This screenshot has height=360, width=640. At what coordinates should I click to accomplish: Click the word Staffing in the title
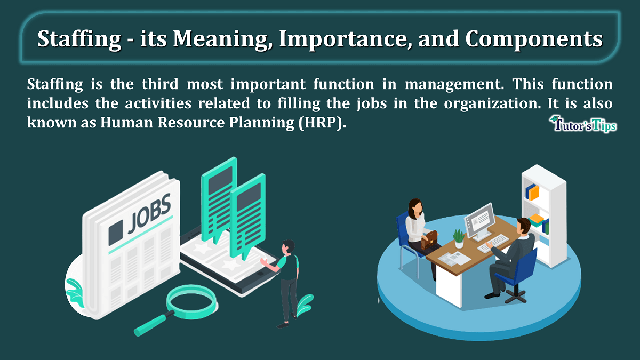(x=79, y=39)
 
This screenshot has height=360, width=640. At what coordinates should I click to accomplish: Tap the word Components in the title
(x=534, y=39)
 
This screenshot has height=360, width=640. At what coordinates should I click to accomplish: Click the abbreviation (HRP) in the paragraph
(x=322, y=122)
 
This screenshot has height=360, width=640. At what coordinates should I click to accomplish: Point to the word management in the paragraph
(x=454, y=85)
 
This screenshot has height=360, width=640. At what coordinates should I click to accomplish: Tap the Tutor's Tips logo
(x=583, y=125)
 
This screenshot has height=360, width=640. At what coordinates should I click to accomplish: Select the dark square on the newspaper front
(x=116, y=233)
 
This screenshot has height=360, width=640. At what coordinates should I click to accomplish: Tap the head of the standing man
(x=287, y=246)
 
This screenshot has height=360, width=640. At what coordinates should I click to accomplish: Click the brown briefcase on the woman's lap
(x=429, y=239)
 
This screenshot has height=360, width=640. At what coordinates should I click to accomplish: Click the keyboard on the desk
(x=493, y=243)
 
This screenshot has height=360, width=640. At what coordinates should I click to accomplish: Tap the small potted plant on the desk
(x=459, y=238)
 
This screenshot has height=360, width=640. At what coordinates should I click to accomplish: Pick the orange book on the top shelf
(x=534, y=194)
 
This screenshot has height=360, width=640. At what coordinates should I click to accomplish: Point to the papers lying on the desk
(x=454, y=259)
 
